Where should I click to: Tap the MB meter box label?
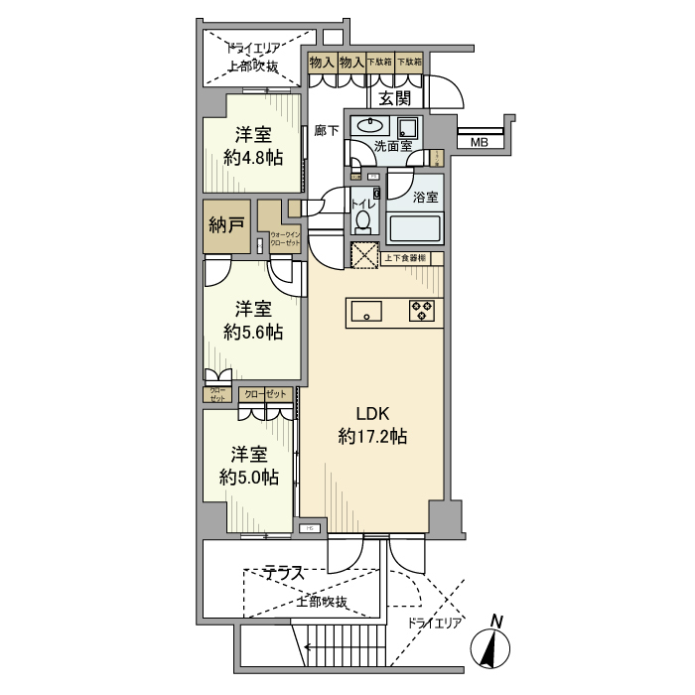tap(479, 143)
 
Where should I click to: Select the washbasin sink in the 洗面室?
tap(370, 126)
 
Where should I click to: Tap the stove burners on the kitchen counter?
tap(422, 311)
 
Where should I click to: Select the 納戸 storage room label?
tap(226, 225)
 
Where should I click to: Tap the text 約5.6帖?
tap(253, 332)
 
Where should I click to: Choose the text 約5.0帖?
tap(248, 478)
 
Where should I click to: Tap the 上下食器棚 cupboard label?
tap(406, 258)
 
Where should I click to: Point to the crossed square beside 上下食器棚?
tap(362, 254)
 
